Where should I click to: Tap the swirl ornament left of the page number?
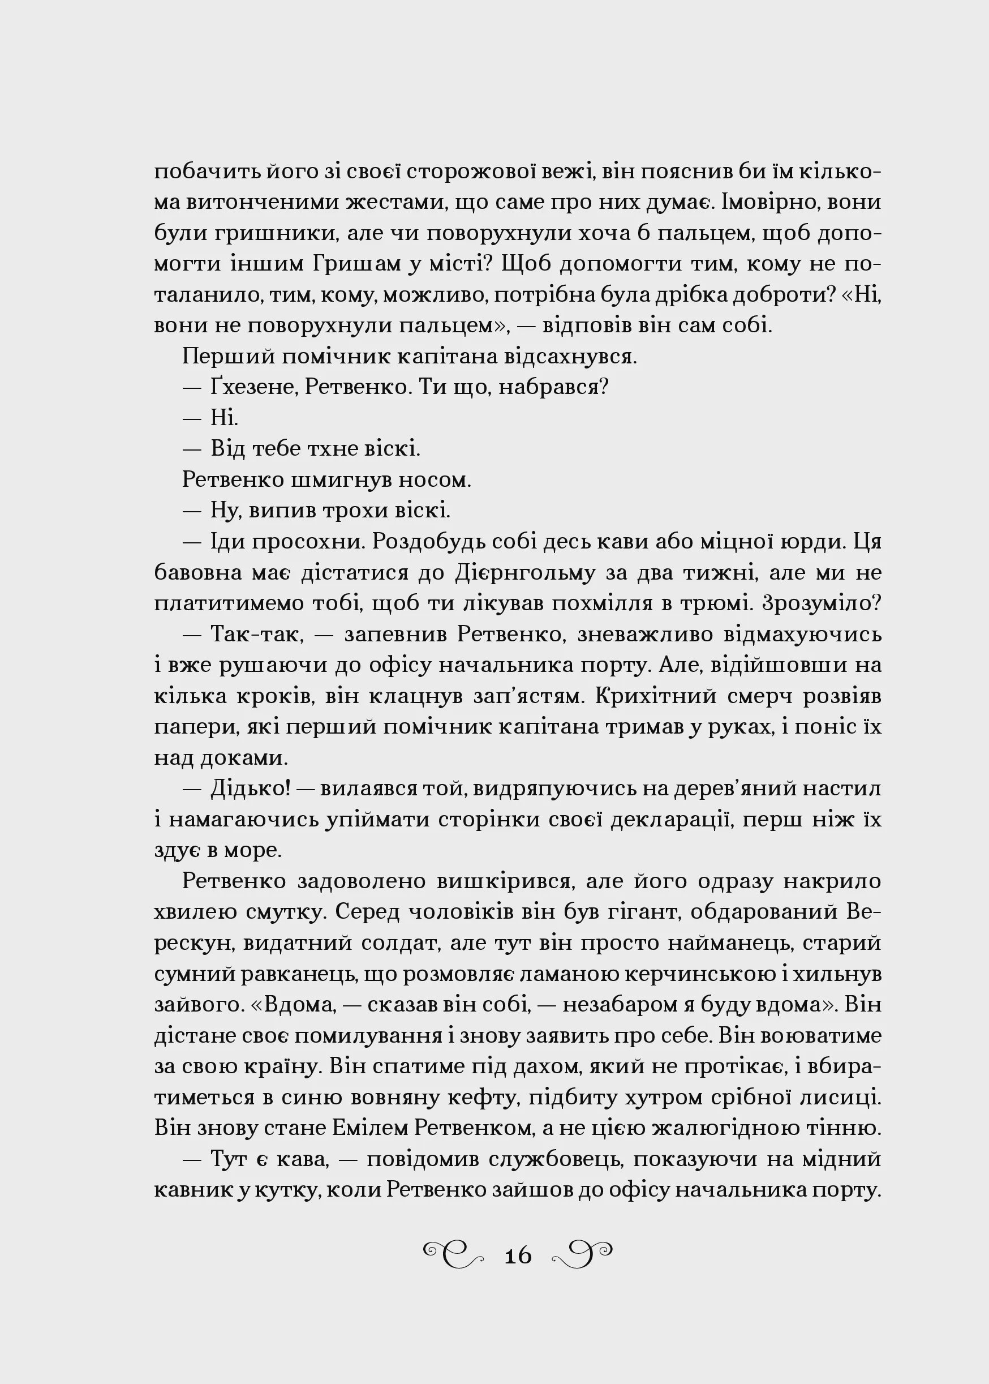[x=454, y=1254]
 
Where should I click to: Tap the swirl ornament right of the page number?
[x=582, y=1254]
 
